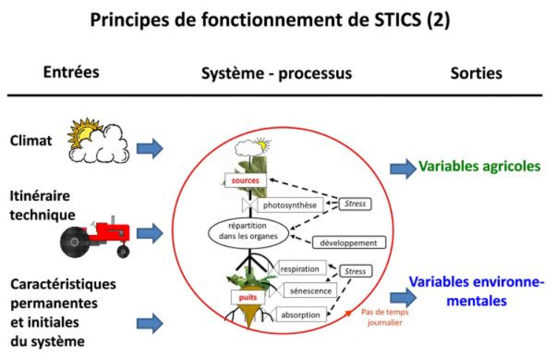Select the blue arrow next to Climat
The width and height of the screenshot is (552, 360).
tap(150, 147)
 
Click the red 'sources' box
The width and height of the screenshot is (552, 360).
tap(244, 180)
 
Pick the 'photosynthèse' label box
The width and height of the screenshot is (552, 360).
tap(289, 205)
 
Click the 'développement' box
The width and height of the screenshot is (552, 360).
tap(349, 242)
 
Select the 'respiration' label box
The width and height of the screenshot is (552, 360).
tap(301, 269)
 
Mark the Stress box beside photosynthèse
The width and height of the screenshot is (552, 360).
tap(358, 202)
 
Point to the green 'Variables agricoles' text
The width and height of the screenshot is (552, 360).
tap(480, 166)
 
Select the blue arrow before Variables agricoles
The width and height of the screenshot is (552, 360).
tap(403, 168)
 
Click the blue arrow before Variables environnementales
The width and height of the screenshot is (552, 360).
tap(403, 297)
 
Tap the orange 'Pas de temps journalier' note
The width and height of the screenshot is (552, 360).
tap(384, 316)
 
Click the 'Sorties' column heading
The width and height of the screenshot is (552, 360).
tap(476, 73)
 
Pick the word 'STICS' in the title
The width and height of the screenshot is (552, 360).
tap(381, 20)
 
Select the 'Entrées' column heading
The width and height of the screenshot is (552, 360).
tap(71, 72)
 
